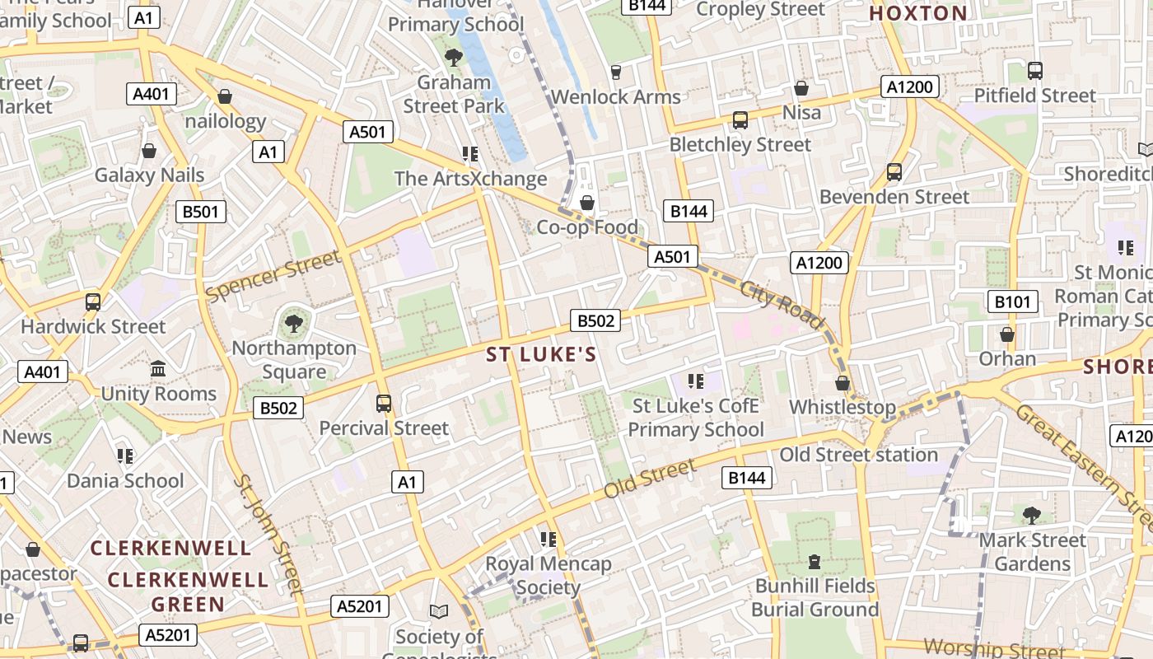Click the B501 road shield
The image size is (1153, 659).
[x=201, y=212]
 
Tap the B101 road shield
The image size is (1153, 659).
[x=1012, y=301]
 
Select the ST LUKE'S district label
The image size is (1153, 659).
[x=540, y=354]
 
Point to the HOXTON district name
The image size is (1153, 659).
[x=918, y=13]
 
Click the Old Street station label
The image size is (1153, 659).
[x=858, y=455]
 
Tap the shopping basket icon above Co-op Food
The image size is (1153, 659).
[x=587, y=203]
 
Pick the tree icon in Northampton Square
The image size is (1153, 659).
[x=293, y=323]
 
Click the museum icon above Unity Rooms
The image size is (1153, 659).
[x=158, y=369]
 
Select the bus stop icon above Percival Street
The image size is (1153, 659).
[x=384, y=404]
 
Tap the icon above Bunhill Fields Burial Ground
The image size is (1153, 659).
[x=815, y=562]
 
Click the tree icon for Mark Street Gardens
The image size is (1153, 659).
[x=1031, y=516]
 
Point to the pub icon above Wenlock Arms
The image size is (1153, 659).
[x=615, y=72]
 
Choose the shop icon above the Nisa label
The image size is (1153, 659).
[x=801, y=88]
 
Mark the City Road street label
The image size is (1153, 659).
[x=782, y=305]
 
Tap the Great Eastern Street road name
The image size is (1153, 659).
[x=1084, y=465]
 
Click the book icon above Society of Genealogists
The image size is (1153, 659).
[x=439, y=611]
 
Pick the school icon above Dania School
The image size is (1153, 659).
[x=125, y=456]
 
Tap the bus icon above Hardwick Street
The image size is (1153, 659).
[x=93, y=301]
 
